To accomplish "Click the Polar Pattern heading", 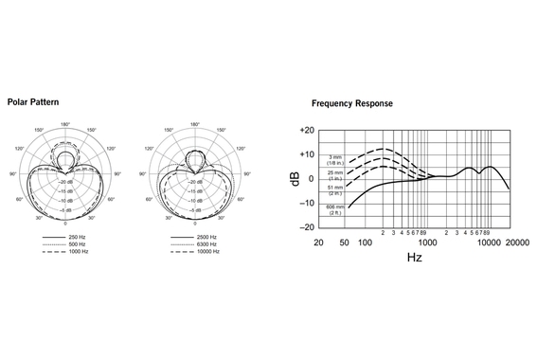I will (33, 100).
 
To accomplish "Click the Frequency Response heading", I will (351, 102).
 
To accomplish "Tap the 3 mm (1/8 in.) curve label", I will (335, 160).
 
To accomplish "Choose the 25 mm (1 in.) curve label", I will (335, 175).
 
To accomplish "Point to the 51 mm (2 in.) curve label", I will (335, 190).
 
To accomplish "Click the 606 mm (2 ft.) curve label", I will (335, 208).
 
